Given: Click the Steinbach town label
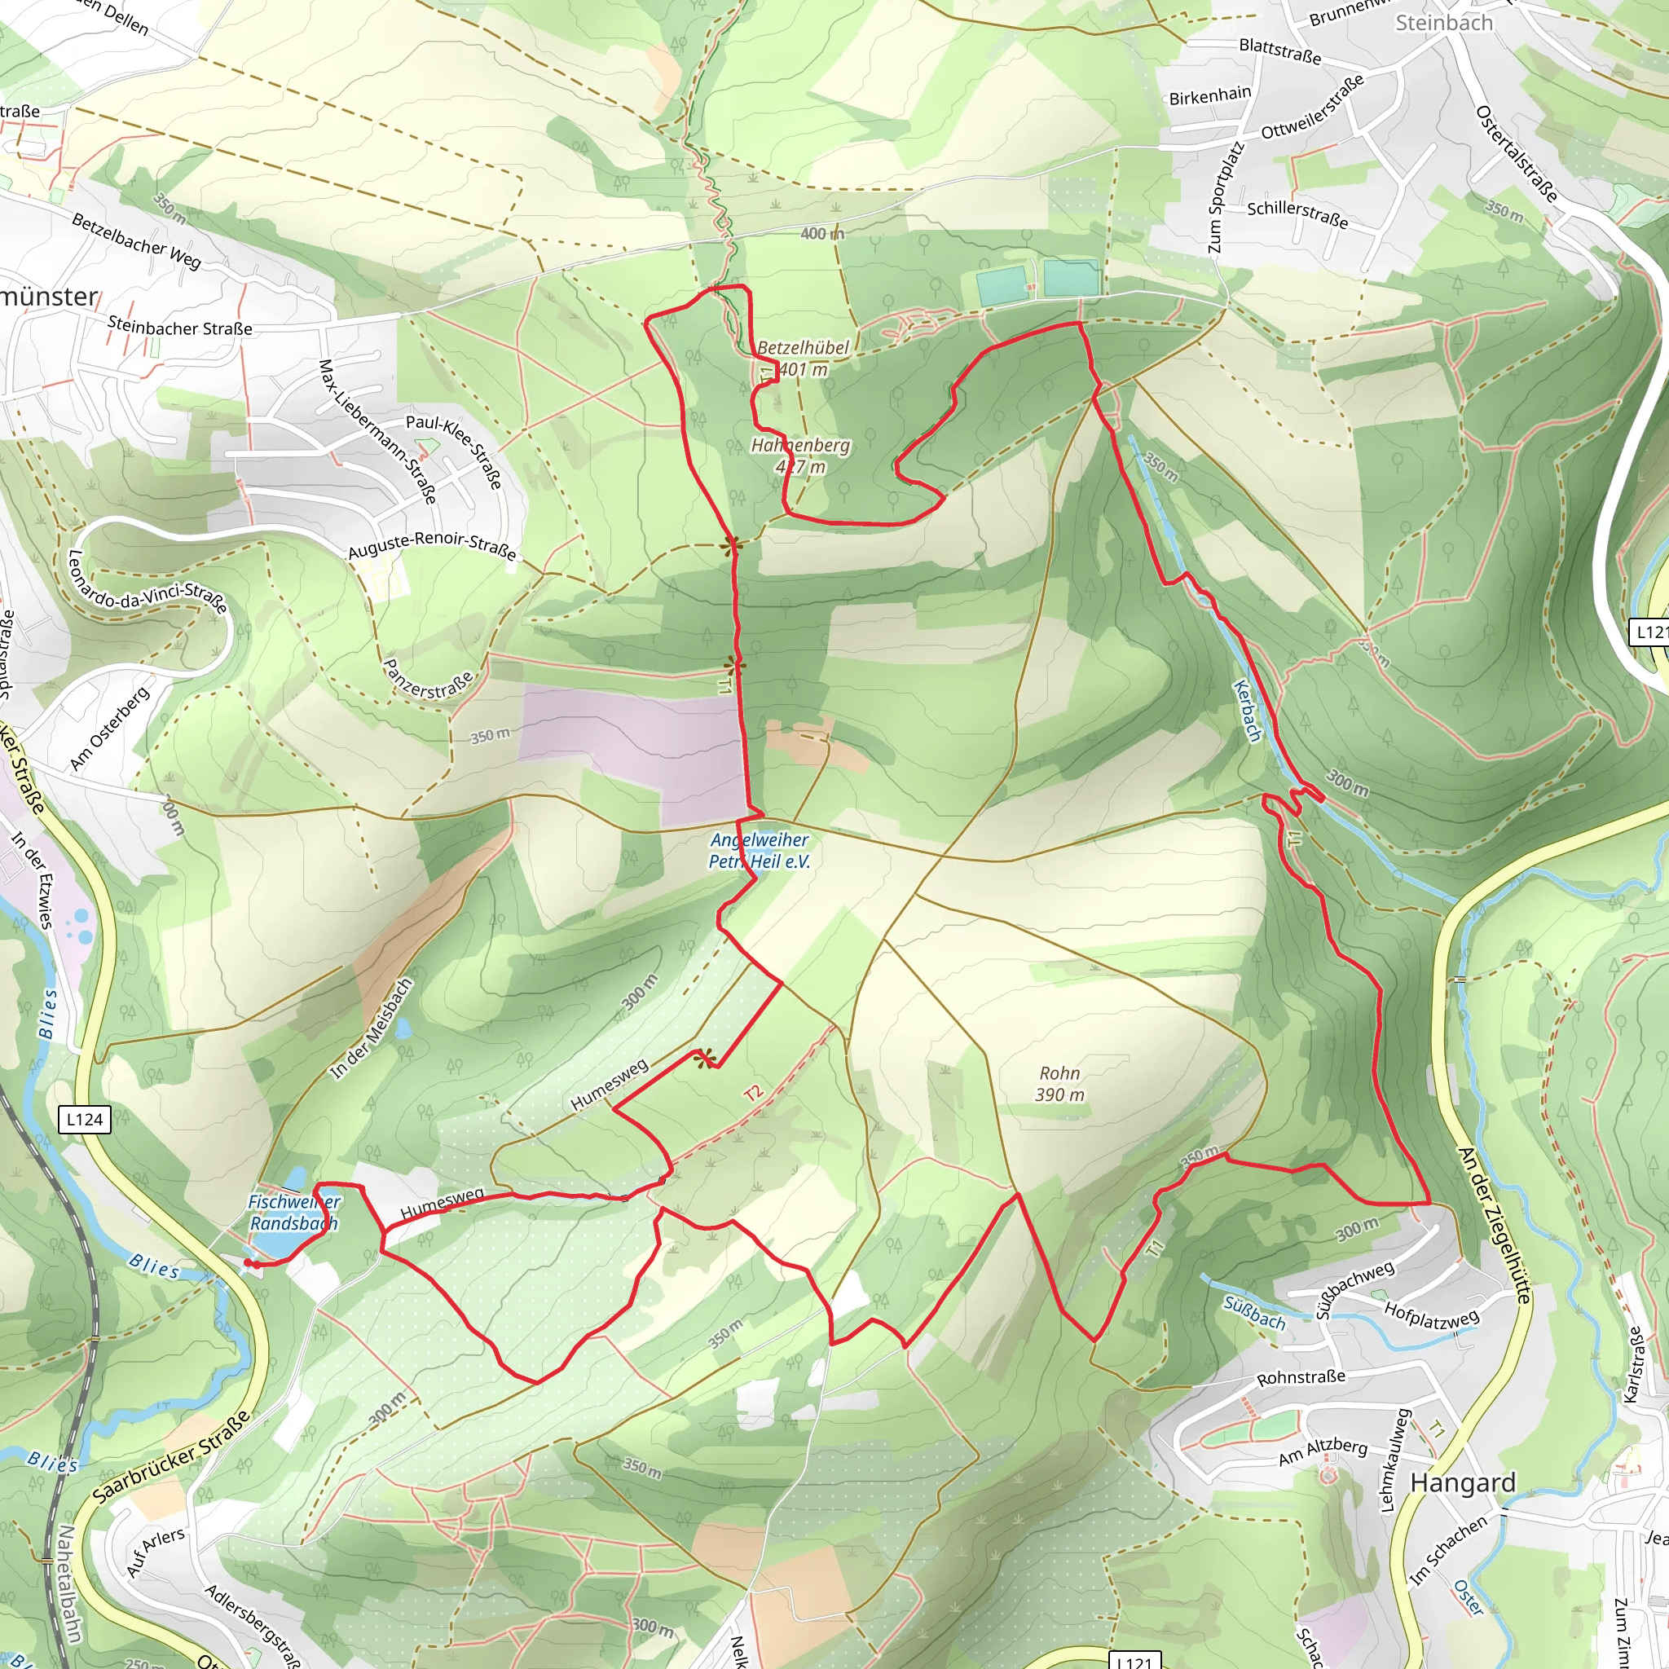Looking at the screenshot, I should click(1443, 24).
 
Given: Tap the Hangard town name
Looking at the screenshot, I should click(1463, 1482).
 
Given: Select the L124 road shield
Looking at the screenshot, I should click(85, 1120).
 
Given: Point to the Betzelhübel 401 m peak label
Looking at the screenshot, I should click(803, 359).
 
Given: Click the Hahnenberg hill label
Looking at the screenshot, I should click(801, 456).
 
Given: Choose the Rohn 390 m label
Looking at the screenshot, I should click(1060, 1084).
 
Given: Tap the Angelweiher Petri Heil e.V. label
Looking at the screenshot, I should click(760, 850).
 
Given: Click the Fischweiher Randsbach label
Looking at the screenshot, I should click(293, 1212).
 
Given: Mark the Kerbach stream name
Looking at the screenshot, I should click(1248, 710).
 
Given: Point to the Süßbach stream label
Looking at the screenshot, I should click(1254, 1313).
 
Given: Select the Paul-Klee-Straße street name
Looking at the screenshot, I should click(455, 451).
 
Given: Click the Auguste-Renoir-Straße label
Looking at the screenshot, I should click(432, 545).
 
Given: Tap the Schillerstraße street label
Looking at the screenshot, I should click(1297, 214).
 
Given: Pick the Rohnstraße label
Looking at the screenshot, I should click(1301, 1376).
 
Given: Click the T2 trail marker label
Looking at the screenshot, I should click(753, 1093).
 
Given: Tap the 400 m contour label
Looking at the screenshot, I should click(821, 233).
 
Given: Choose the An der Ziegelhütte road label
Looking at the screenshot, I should click(1493, 1224).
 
